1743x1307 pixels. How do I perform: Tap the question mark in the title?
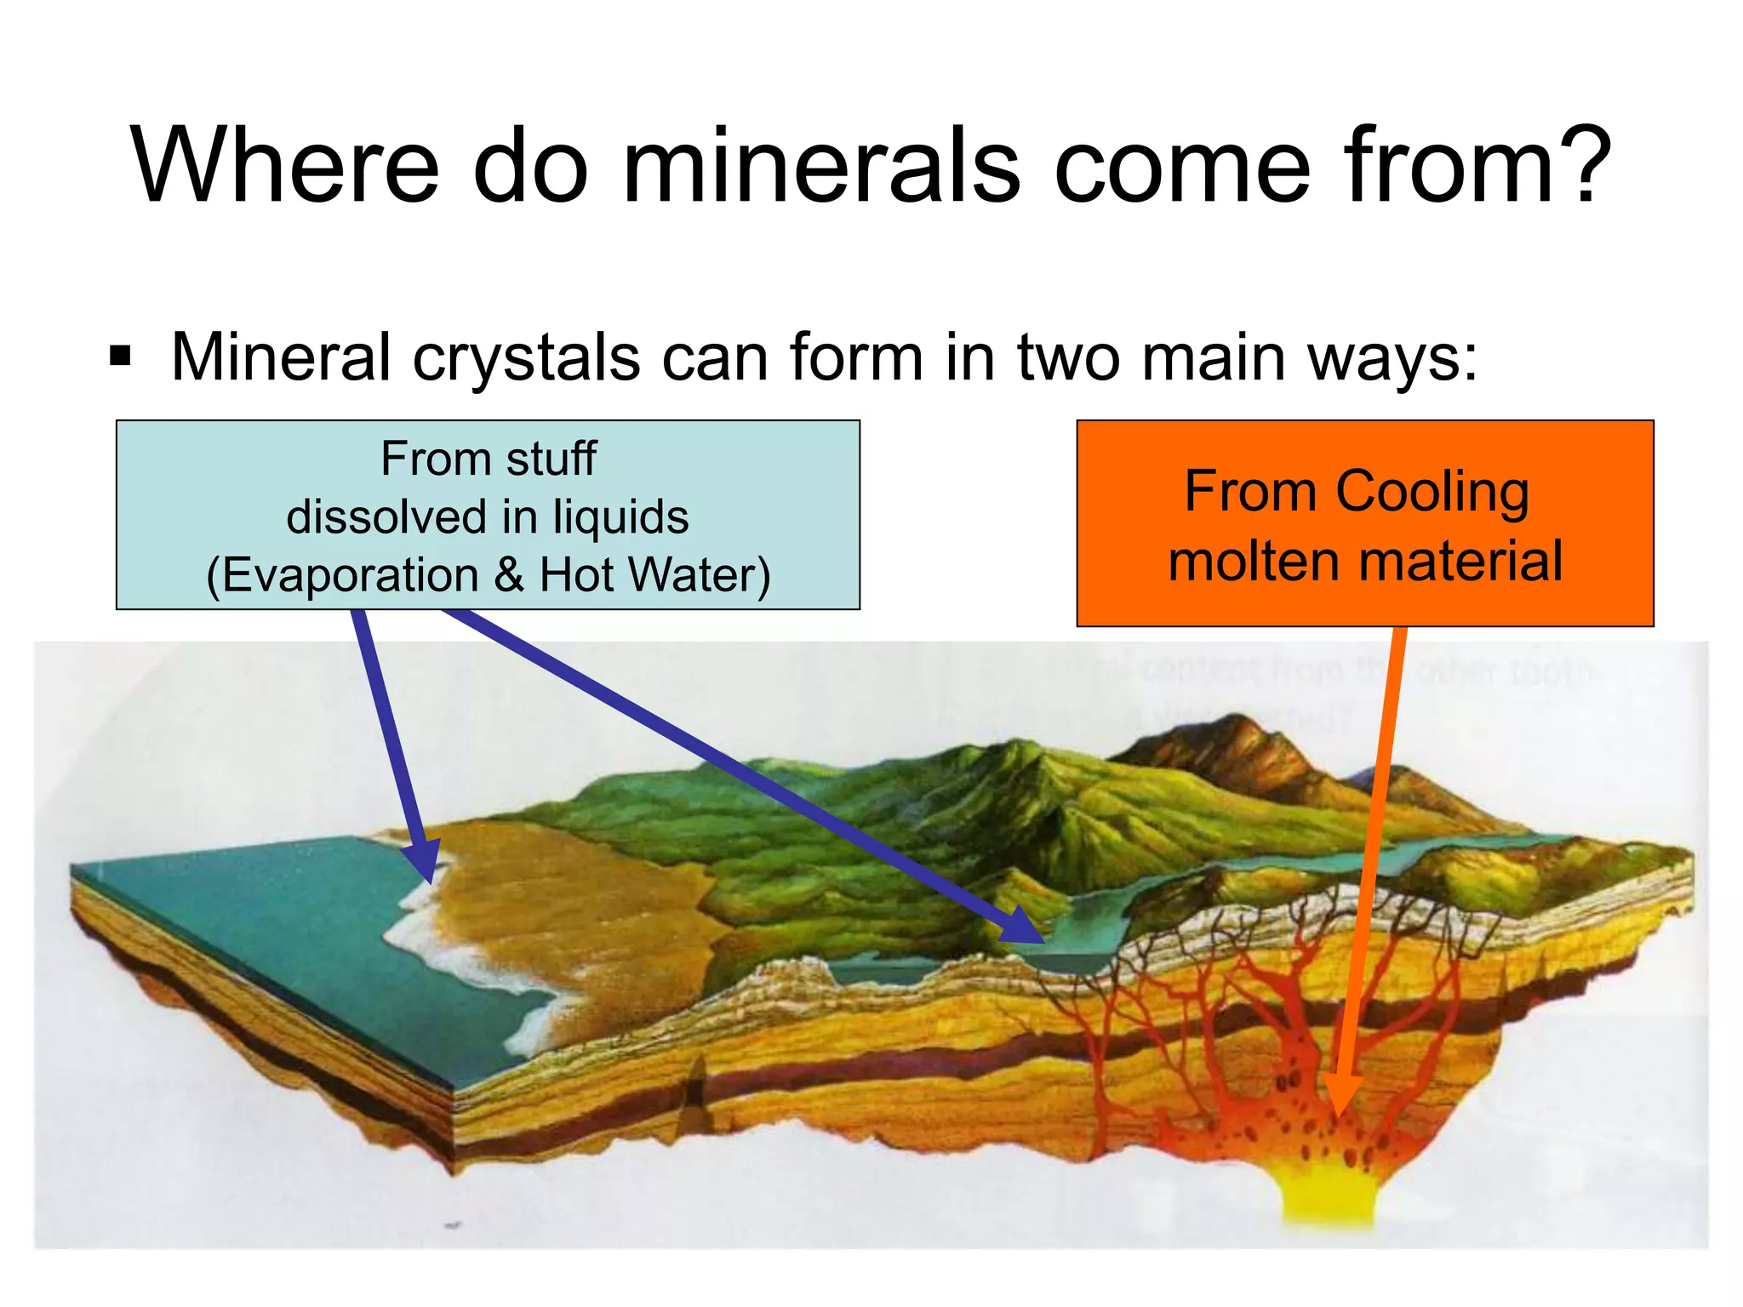point(1578,166)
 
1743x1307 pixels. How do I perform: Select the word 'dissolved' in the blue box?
point(386,517)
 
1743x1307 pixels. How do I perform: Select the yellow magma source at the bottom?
point(1329,1196)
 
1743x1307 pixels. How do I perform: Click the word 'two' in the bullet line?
point(1068,357)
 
